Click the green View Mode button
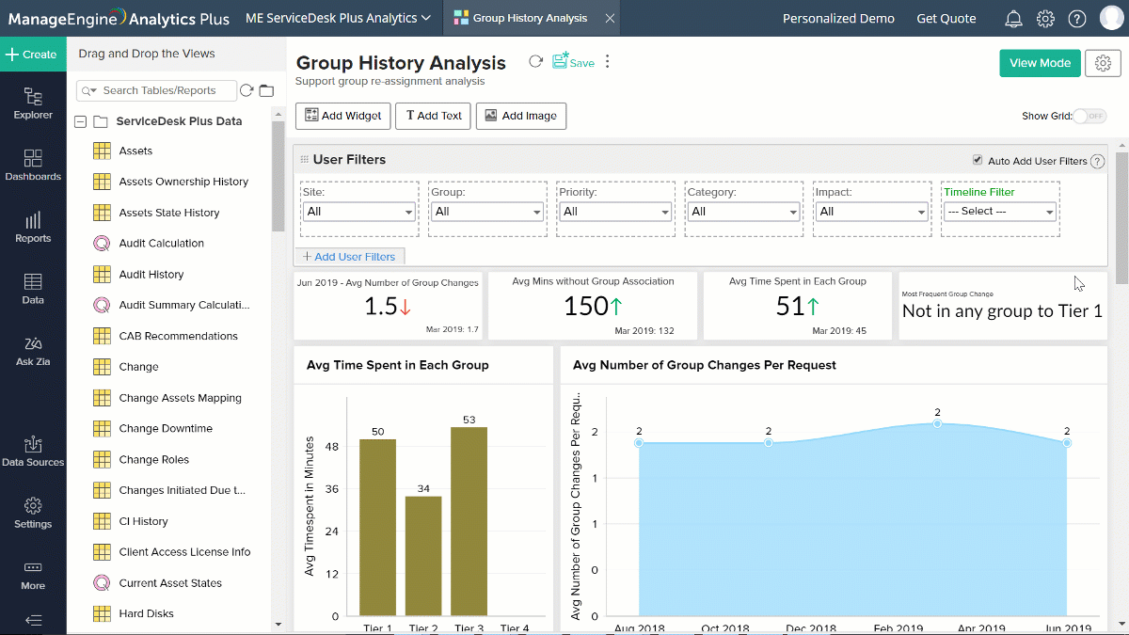click(1040, 63)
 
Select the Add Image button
click(520, 116)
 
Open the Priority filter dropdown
click(613, 212)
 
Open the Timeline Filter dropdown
click(999, 212)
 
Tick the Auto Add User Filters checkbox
click(978, 161)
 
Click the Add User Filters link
click(349, 257)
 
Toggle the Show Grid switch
click(1089, 116)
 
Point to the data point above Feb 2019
click(937, 424)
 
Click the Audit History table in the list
click(151, 275)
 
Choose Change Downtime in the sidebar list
click(166, 429)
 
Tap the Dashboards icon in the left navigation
click(33, 166)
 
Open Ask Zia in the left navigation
click(33, 350)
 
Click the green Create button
click(33, 55)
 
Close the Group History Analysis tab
click(610, 18)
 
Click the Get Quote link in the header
click(946, 18)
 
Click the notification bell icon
click(1013, 18)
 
